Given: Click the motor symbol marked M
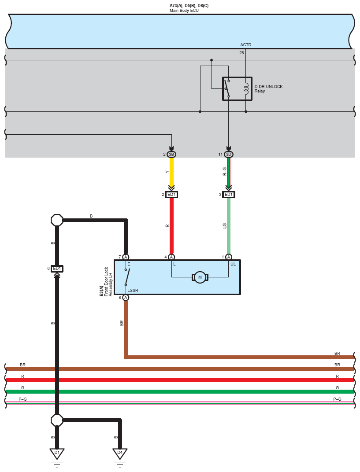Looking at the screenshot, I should pos(200,277).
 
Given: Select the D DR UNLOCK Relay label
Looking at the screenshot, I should pos(268,88).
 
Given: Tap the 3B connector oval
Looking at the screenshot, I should pos(171,155).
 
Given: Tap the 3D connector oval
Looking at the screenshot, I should pos(228,155).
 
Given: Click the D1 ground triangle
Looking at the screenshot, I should pos(57,453).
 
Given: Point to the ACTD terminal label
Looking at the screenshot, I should pos(246,45).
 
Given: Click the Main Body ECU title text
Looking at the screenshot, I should pos(184,10).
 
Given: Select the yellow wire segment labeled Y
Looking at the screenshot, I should pos(171,172).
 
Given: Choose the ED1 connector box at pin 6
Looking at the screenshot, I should pos(57,269).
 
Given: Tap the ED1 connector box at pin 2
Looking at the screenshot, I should pos(171,195).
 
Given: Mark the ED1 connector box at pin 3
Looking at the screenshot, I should pos(228,195).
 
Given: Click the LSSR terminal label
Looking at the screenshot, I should pos(132,290).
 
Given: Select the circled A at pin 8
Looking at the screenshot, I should pos(126,298).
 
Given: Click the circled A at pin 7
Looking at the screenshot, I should pos(126,257).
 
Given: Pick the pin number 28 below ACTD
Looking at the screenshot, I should pos(241,53).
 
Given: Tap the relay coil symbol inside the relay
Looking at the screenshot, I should pos(246,88).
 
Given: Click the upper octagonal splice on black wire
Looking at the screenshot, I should pos(57,219).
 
